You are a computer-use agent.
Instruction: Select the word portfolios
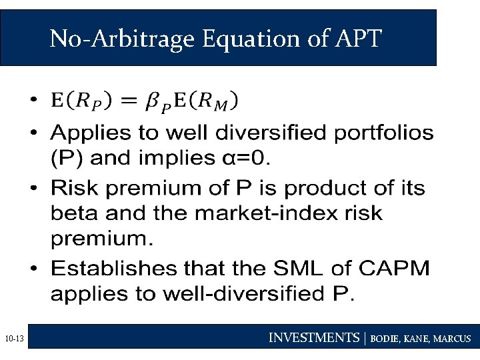383,133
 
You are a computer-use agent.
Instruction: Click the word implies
194,159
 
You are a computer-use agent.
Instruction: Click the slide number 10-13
13,339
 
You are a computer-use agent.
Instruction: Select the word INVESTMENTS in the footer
313,338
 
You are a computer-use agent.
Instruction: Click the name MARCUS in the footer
452,339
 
